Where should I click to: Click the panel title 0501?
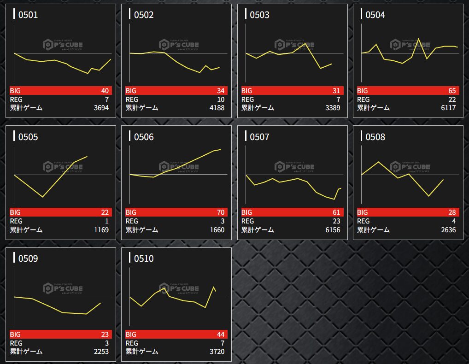[x=28, y=15]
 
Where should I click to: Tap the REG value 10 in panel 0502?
[x=221, y=100]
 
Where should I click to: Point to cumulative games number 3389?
[x=332, y=108]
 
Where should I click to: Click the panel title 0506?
[x=144, y=137]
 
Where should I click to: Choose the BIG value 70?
[x=221, y=212]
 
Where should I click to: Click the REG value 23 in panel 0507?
[x=336, y=221]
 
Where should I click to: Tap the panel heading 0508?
[x=375, y=137]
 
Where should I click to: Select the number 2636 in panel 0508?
[x=447, y=229]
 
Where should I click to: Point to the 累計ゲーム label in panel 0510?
[x=142, y=352]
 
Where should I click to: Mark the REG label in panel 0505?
[x=16, y=221]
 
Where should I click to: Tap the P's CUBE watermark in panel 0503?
[x=294, y=45]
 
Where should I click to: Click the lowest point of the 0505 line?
[x=43, y=197]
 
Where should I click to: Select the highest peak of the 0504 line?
[x=418, y=39]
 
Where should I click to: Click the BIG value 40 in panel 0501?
[x=105, y=91]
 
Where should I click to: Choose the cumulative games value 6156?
[x=332, y=229]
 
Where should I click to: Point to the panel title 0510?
[x=144, y=259]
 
